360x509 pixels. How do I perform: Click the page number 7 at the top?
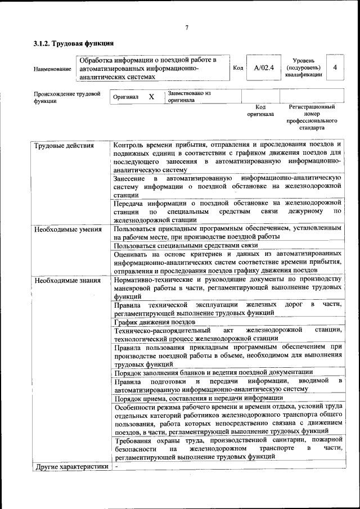pyautogui.click(x=186, y=28)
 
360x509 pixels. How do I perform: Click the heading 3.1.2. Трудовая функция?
pyautogui.click(x=74, y=43)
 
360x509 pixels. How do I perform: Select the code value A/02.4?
pyautogui.click(x=263, y=68)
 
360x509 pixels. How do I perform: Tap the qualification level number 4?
pyautogui.click(x=335, y=67)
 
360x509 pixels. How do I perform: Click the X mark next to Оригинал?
pyautogui.click(x=151, y=97)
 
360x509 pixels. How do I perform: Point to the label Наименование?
pyautogui.click(x=52, y=69)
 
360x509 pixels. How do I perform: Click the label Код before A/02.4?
pyautogui.click(x=238, y=68)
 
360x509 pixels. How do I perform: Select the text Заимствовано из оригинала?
pyautogui.click(x=188, y=97)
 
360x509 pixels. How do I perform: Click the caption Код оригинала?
pyautogui.click(x=260, y=110)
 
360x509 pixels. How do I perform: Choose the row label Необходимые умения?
pyautogui.click(x=67, y=229)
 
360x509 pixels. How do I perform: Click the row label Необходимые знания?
pyautogui.click(x=67, y=280)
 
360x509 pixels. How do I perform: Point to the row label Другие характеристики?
pyautogui.click(x=71, y=466)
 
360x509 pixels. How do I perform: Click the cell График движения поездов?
pyautogui.click(x=155, y=322)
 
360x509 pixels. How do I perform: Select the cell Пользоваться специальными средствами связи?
pyautogui.click(x=186, y=246)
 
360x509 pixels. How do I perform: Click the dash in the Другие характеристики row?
pyautogui.click(x=116, y=466)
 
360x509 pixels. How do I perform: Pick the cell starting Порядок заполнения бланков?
pyautogui.click(x=213, y=372)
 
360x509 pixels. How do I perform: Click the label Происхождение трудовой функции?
pyautogui.click(x=67, y=97)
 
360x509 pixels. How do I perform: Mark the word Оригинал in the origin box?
pyautogui.click(x=125, y=97)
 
